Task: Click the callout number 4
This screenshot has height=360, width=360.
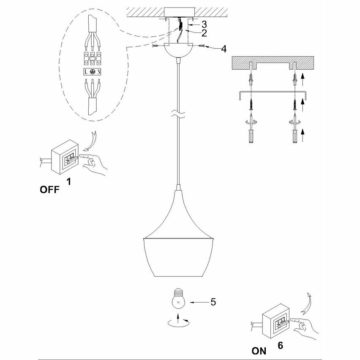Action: pyautogui.click(x=224, y=49)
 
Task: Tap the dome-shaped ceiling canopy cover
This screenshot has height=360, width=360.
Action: pyautogui.click(x=179, y=51)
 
